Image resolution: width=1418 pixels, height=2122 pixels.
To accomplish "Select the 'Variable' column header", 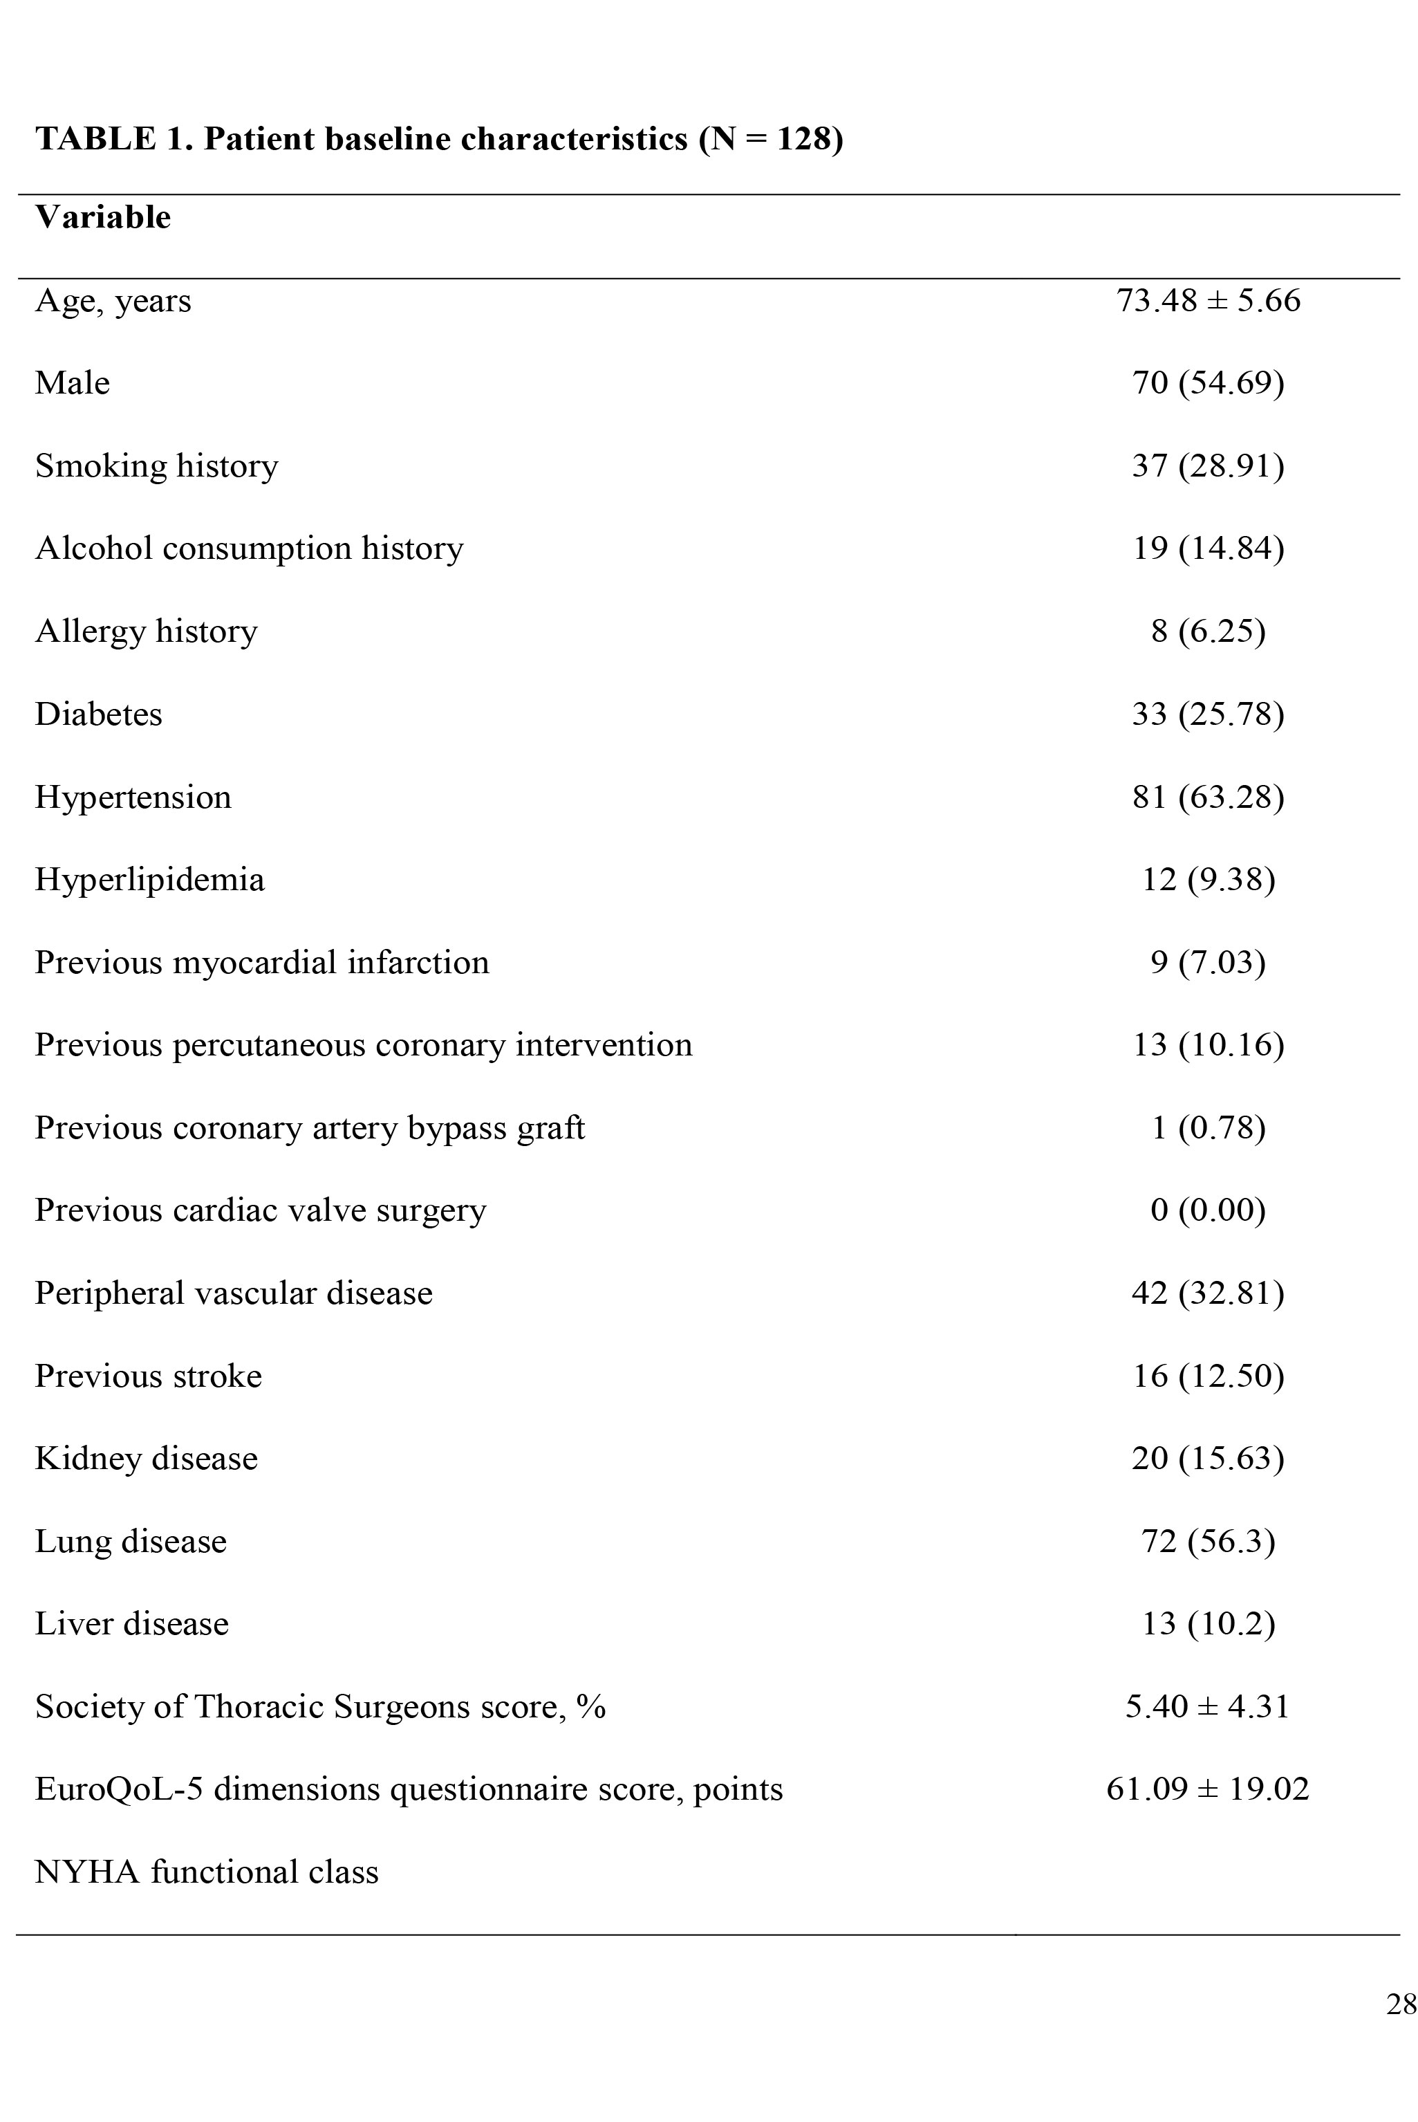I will pos(102,217).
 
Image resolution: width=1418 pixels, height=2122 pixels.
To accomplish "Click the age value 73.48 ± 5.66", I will pos(1209,300).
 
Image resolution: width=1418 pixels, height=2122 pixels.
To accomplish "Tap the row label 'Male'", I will pos(73,382).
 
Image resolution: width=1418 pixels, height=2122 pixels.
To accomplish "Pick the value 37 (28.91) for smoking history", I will pos(1209,465).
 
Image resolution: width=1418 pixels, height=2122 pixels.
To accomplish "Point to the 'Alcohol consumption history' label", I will pos(249,548).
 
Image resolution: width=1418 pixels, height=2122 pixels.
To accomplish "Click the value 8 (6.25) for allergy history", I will pos(1209,631).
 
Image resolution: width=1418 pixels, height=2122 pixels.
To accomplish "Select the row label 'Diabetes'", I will pos(99,714).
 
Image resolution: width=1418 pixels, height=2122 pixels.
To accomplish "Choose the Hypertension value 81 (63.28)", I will pos(1209,797).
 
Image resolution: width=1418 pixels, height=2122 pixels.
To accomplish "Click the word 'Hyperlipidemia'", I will pos(149,879).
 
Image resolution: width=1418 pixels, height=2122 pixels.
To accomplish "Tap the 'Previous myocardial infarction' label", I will pos(261,962).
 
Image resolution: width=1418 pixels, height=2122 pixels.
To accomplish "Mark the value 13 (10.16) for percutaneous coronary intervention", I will pos(1209,1044).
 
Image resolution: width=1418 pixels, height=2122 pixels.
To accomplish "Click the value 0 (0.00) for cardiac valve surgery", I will pos(1209,1210).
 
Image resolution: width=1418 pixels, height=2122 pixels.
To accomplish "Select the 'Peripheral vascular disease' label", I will pos(233,1293).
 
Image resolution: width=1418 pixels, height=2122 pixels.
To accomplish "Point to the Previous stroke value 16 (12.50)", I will pos(1209,1376).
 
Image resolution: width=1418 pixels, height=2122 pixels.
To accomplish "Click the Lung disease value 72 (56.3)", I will pos(1209,1541).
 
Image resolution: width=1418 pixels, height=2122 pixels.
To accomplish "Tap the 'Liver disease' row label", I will pos(131,1623).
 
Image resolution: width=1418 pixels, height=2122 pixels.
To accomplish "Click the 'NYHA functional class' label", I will pos(206,1872).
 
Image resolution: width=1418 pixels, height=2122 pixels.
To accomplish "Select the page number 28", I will pos(1401,2004).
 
